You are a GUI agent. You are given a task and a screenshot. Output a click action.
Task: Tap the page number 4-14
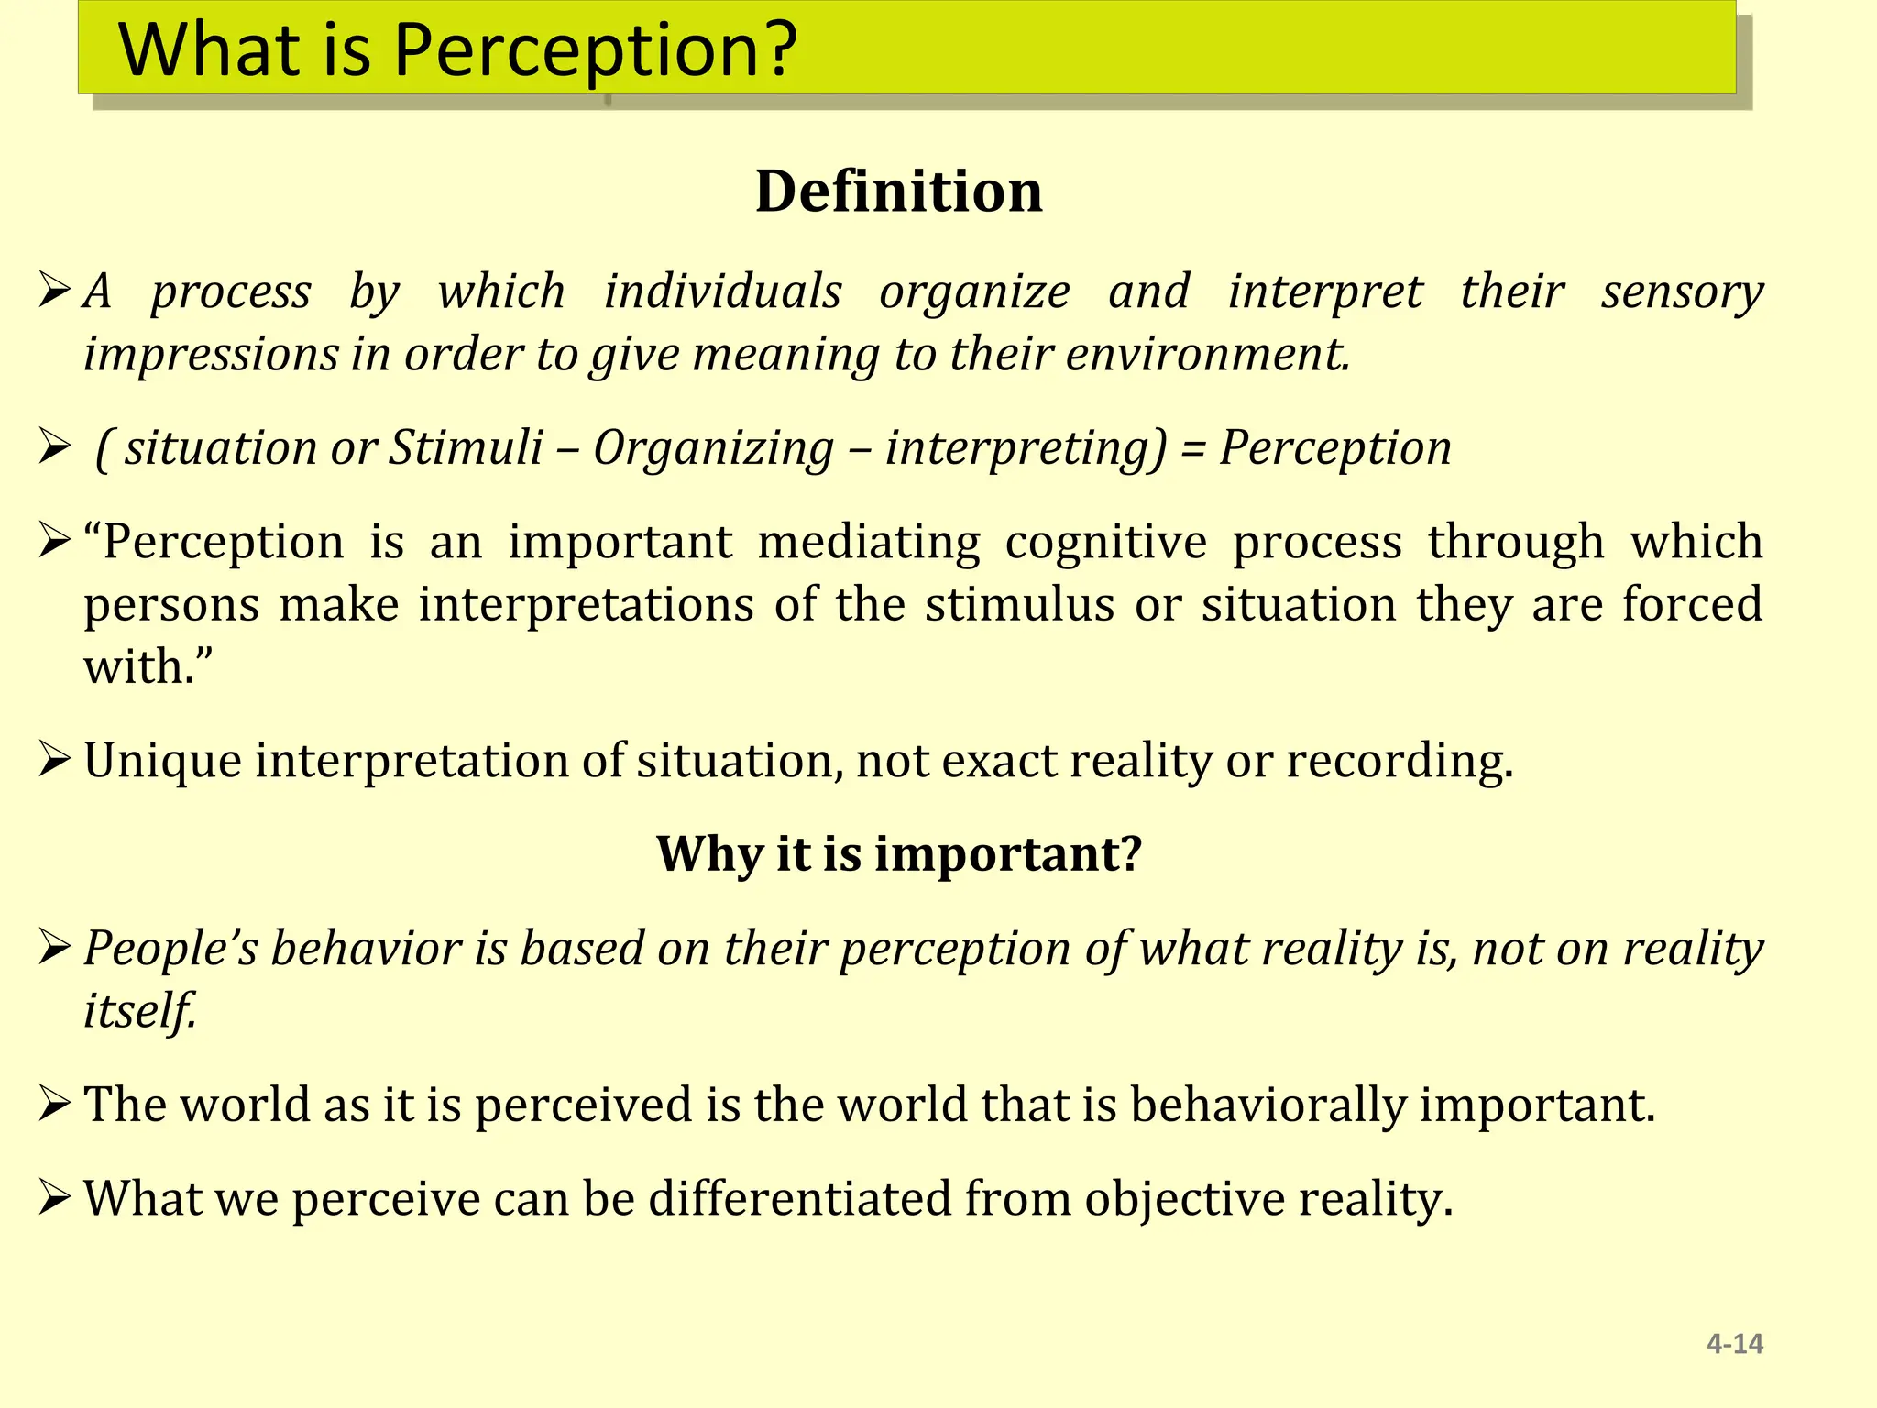coord(1734,1344)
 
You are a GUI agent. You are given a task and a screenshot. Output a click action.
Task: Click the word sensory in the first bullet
coord(1682,293)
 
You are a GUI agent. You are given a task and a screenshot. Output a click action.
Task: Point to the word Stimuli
coord(466,449)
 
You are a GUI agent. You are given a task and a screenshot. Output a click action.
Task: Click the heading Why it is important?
coord(899,854)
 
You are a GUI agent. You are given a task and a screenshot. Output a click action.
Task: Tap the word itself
coord(139,1012)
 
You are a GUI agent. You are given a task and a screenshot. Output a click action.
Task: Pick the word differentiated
coord(800,1200)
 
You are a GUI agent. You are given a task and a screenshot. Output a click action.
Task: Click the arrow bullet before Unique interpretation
coord(55,761)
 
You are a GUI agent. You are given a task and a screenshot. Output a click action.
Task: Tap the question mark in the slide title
coord(779,50)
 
